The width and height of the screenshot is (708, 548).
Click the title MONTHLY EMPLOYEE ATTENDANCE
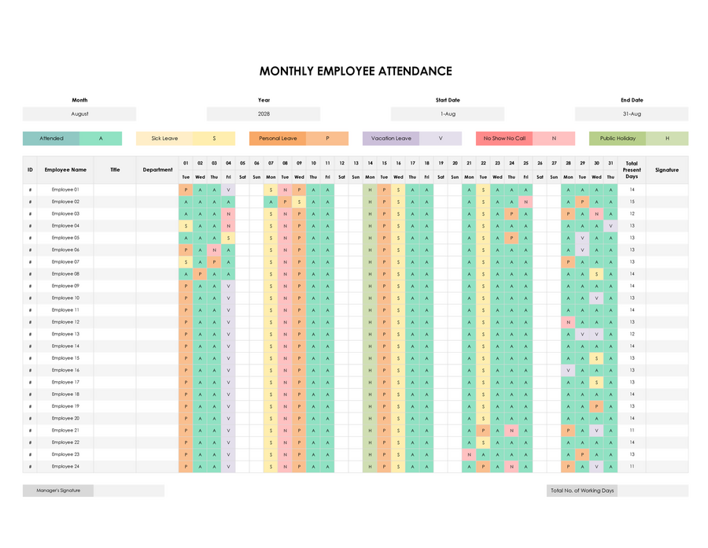356,71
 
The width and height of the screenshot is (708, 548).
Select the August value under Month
79,114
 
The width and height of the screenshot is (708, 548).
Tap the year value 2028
264,114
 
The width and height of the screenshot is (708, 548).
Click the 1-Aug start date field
448,114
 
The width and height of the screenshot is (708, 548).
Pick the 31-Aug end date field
632,114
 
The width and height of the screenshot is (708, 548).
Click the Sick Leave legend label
164,139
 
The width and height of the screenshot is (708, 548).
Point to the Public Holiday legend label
618,139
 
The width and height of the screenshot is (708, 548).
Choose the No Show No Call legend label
504,139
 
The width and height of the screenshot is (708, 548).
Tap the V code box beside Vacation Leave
441,139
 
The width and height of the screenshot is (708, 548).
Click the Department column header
157,169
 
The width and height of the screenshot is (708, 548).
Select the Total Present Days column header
632,169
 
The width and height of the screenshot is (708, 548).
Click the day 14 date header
370,163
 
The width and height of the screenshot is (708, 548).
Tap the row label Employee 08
65,274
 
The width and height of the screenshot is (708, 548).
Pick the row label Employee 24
65,467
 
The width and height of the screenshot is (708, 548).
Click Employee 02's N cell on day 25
525,202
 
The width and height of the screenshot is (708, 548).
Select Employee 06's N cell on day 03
214,250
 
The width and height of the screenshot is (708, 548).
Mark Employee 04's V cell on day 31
610,226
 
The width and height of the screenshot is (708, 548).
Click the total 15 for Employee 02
632,202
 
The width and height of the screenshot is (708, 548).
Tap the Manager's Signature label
58,491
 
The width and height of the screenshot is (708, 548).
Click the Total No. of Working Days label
582,491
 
